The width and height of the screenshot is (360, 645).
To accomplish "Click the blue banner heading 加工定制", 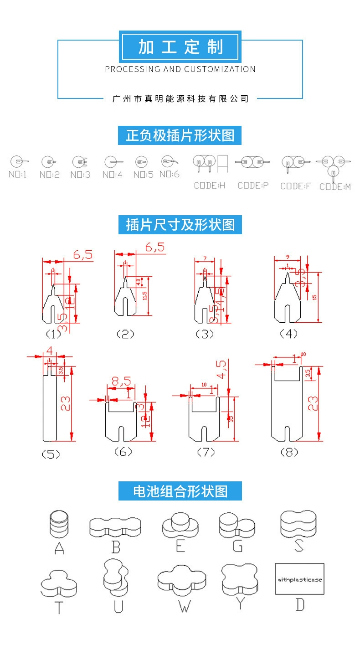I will (x=180, y=47).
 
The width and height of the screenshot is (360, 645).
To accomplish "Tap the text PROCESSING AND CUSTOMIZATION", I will (x=180, y=69).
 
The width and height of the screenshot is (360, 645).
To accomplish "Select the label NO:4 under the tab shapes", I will (x=112, y=175).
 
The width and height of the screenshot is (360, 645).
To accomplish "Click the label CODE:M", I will (x=335, y=186).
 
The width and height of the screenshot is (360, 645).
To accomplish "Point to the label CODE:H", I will (x=210, y=186).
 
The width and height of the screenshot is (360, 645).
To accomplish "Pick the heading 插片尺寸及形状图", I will (x=180, y=225).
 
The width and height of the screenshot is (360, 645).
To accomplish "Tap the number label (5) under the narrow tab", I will (x=51, y=454).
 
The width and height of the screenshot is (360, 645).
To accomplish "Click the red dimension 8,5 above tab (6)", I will (x=120, y=381).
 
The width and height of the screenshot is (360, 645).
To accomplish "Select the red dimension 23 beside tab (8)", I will (x=313, y=403).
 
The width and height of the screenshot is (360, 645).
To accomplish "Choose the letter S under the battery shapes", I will (x=299, y=546).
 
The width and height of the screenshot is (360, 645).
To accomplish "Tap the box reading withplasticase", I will (x=300, y=579).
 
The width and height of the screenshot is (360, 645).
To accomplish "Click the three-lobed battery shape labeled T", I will (x=58, y=584).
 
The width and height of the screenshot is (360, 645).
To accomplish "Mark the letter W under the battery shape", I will (x=185, y=606).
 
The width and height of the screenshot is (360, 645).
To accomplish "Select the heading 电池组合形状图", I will (x=180, y=491).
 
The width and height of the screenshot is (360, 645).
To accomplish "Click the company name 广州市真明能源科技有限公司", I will (x=180, y=98).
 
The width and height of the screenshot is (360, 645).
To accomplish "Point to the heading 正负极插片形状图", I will (x=180, y=135).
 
